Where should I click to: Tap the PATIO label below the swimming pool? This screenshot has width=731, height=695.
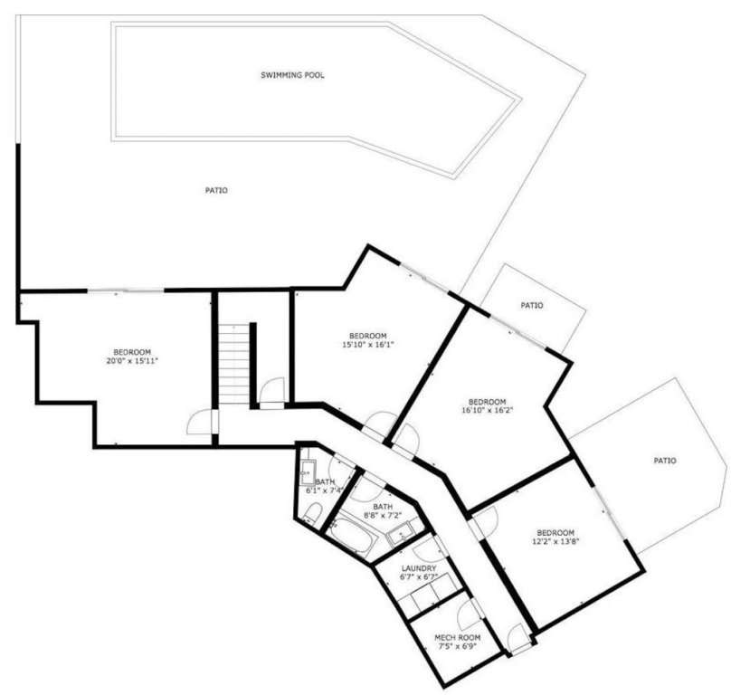pos(215,190)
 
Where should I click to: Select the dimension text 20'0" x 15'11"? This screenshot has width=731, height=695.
pos(132,362)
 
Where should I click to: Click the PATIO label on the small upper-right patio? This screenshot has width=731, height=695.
pos(532,306)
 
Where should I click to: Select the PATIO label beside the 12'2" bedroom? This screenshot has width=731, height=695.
pos(664,461)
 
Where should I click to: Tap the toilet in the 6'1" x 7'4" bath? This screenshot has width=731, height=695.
pos(311,513)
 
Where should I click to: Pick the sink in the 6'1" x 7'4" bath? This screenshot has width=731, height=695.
pos(308,471)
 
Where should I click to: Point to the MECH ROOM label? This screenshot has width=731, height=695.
pos(457,637)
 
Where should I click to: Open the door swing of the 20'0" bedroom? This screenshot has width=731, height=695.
pos(201,423)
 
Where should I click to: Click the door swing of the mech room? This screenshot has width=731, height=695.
pos(471,615)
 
